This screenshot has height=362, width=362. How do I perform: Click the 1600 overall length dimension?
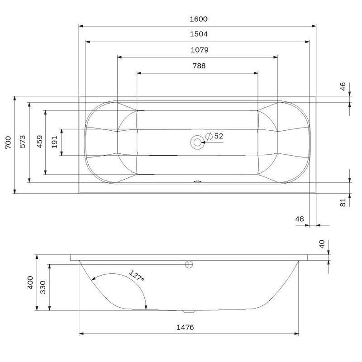199,19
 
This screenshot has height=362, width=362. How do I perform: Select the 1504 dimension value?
199,34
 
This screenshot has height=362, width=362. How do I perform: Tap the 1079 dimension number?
200,50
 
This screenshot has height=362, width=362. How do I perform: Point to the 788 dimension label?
199,66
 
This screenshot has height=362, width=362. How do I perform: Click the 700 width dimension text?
8,143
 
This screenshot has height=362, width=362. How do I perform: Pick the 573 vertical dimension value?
22,142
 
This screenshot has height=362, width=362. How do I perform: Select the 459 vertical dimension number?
40,142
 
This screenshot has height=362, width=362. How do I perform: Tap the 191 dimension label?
54,142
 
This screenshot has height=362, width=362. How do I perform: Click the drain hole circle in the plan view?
197,142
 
